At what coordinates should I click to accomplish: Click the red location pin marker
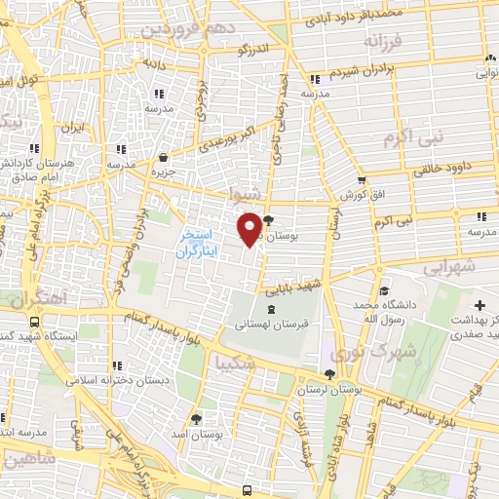click(249, 227)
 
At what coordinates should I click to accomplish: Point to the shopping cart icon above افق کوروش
click(362, 179)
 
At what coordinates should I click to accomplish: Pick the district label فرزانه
click(382, 42)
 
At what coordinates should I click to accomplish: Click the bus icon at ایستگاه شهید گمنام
click(36, 322)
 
